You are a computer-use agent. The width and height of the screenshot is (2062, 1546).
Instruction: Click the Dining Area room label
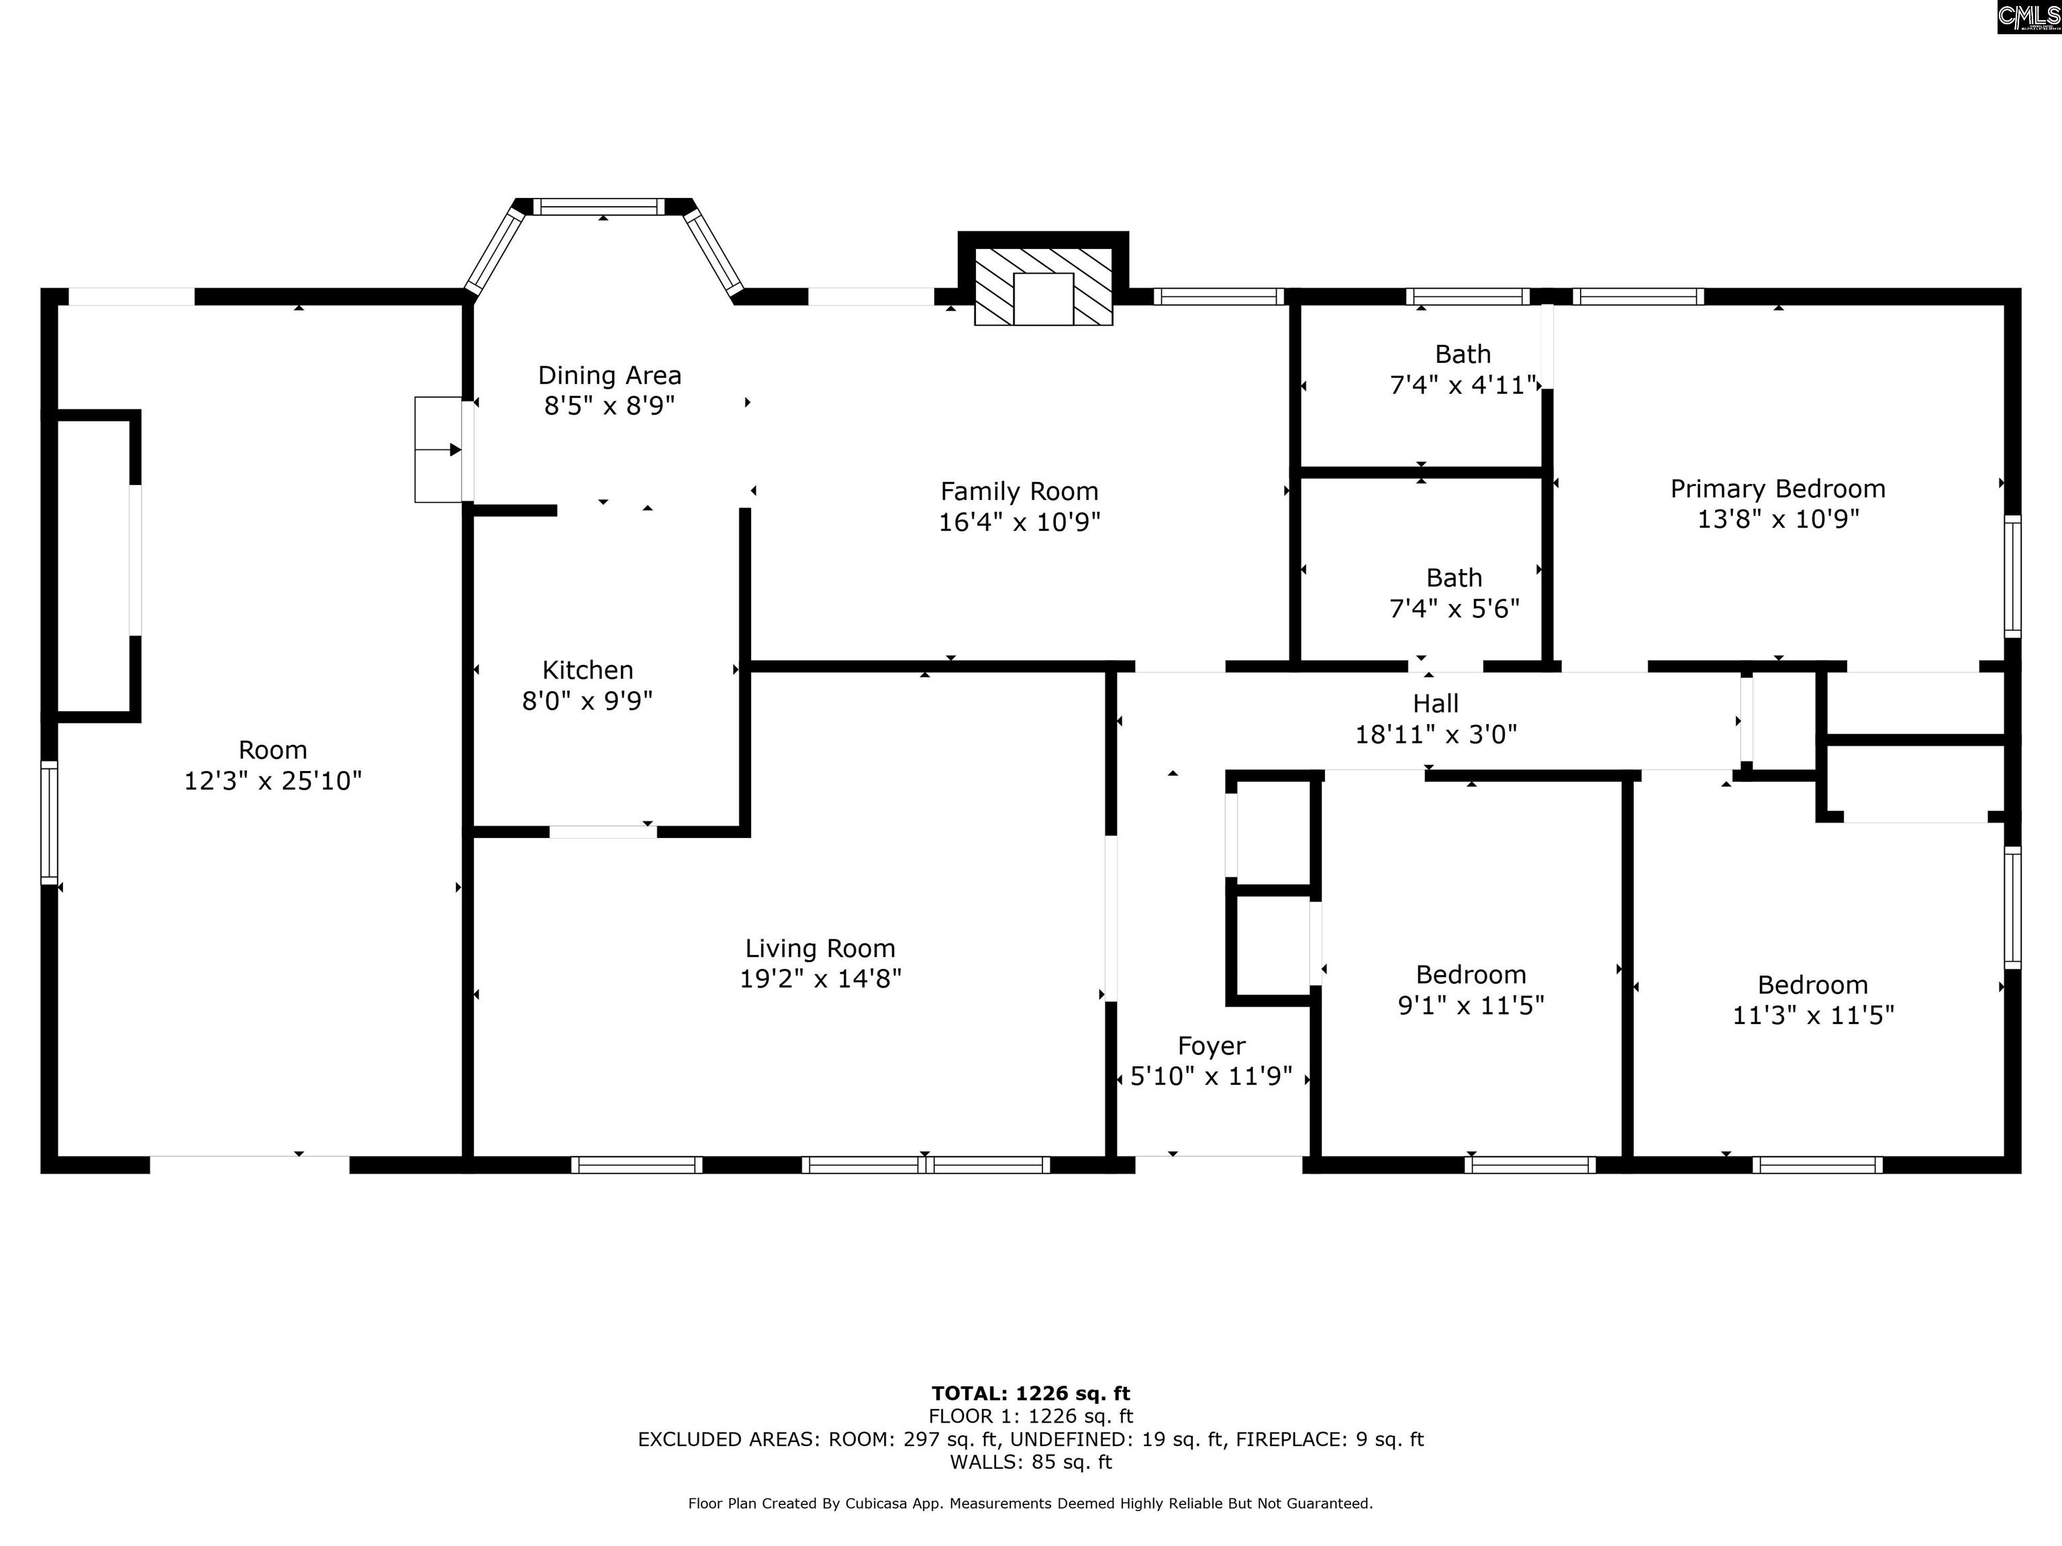(x=609, y=376)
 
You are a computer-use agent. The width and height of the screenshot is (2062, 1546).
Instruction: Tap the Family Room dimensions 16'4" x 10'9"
(x=1019, y=522)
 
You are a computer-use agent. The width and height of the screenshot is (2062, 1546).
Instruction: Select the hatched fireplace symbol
(x=1043, y=286)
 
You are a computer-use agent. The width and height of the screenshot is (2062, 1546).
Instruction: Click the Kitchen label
(x=587, y=670)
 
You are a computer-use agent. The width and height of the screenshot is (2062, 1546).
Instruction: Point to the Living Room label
(x=820, y=949)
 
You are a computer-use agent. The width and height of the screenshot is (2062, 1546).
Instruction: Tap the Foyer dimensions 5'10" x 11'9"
(x=1211, y=1076)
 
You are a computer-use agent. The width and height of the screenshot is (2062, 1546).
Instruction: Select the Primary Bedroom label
(x=1777, y=489)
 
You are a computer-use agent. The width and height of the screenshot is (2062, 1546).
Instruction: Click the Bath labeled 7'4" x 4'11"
(x=1462, y=370)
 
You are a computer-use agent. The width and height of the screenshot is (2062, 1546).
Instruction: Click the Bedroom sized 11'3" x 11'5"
(x=1812, y=1000)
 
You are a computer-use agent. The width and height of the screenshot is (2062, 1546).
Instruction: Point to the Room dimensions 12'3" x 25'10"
(x=273, y=781)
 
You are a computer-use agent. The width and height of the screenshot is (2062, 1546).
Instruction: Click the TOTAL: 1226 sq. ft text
(x=1030, y=1393)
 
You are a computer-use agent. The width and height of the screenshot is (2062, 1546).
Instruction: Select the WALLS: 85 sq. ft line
(x=1030, y=1462)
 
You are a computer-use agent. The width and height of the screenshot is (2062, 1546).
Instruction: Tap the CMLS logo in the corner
(x=2028, y=16)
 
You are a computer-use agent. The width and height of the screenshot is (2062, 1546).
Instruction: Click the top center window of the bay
(x=599, y=206)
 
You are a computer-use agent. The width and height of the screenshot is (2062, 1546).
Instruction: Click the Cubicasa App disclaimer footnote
(x=1030, y=1503)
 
